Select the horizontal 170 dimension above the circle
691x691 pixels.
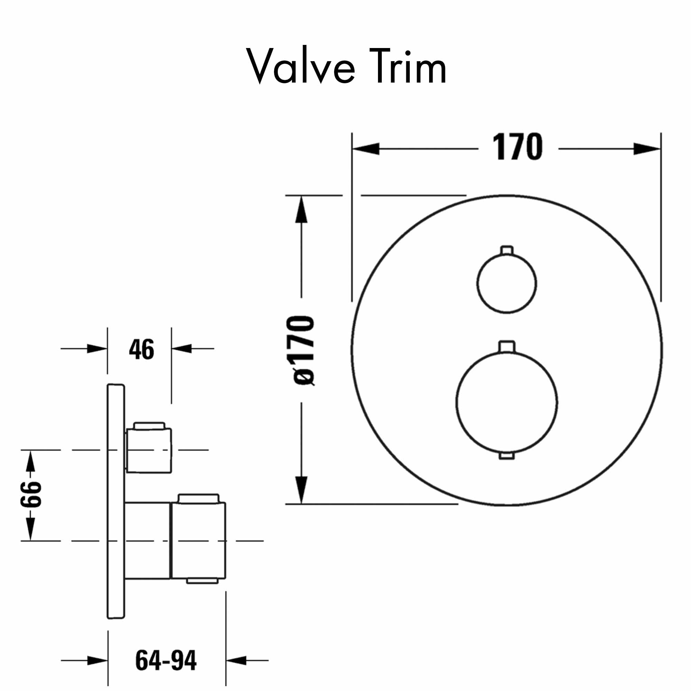click(518, 147)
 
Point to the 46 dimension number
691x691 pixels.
click(142, 349)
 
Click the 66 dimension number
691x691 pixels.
click(31, 494)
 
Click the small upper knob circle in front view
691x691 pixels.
click(507, 283)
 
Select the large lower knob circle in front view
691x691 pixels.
click(507, 403)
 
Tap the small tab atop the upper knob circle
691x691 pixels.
click(507, 250)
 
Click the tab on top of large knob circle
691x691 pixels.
click(507, 346)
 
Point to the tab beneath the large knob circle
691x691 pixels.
click(507, 456)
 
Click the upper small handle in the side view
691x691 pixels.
click(149, 450)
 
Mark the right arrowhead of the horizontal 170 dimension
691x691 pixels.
click(647, 149)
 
